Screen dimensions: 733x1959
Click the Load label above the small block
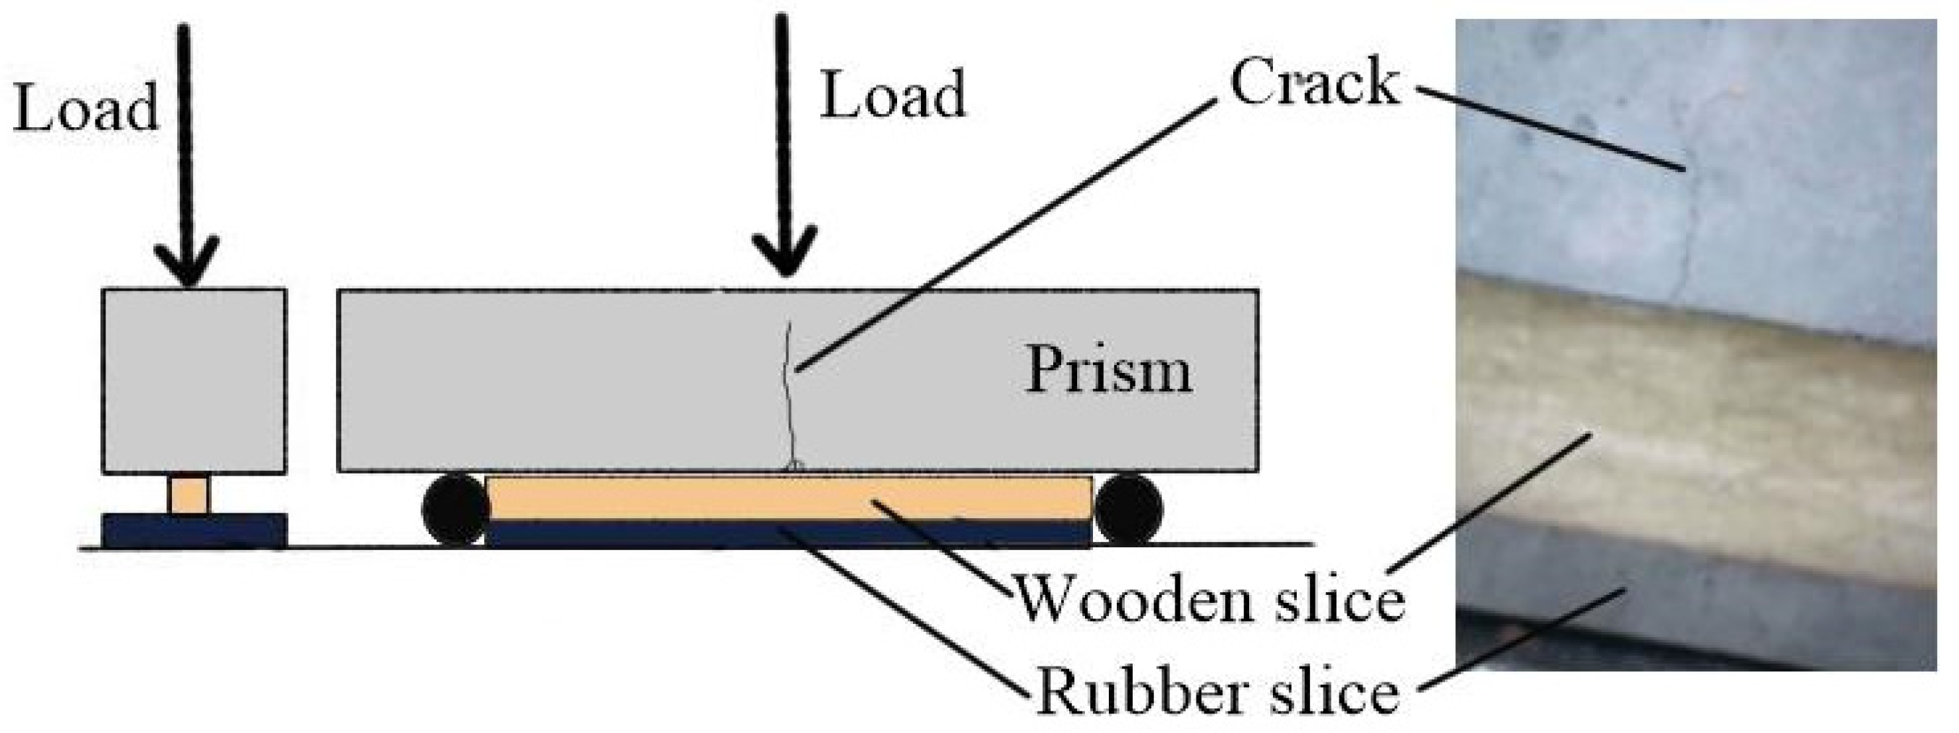[x=85, y=108]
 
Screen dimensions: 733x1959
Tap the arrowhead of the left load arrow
[x=187, y=262]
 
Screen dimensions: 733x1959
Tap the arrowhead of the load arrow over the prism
[x=784, y=251]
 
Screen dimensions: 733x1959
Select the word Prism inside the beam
[x=1109, y=370]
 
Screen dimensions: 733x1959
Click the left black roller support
[x=455, y=510]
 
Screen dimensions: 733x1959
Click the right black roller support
[x=1128, y=510]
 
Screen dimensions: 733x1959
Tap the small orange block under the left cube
[x=189, y=495]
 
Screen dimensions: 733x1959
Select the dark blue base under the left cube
[x=194, y=530]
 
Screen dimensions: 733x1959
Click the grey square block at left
[x=194, y=380]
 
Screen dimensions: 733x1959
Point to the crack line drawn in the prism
[x=789, y=395]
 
